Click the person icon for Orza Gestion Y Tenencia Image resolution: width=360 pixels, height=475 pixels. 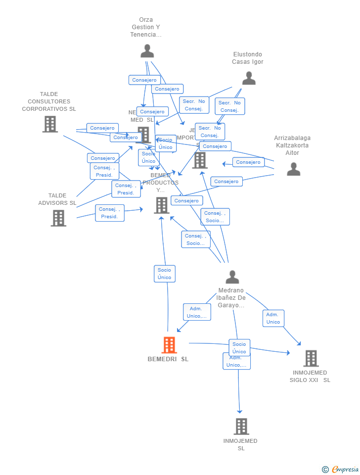(x=147, y=51)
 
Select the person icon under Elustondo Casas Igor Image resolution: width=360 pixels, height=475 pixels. (x=248, y=78)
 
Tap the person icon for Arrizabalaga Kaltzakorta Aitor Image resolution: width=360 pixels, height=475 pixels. (x=293, y=169)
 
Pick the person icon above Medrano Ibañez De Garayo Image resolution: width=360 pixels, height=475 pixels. (x=232, y=277)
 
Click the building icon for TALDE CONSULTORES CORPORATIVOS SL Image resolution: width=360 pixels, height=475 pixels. (x=50, y=124)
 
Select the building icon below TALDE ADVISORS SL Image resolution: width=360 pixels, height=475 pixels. (x=58, y=218)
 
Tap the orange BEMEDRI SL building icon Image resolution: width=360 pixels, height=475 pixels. (x=169, y=345)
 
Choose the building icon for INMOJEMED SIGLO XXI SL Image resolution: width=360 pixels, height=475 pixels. (x=311, y=358)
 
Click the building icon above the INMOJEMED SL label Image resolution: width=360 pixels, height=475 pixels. (x=241, y=426)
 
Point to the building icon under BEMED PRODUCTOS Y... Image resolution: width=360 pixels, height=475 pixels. (x=162, y=205)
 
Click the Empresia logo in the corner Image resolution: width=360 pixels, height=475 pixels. (x=341, y=469)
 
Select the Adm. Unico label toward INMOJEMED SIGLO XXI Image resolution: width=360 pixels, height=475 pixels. (x=273, y=318)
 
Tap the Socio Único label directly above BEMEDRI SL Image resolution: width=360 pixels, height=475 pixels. (x=165, y=274)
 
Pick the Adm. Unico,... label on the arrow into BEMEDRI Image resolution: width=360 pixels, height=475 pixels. (x=197, y=312)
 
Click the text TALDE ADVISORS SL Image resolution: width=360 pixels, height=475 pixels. (x=57, y=199)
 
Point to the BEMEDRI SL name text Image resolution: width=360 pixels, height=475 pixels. (x=168, y=359)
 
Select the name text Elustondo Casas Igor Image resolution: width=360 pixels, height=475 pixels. (x=248, y=58)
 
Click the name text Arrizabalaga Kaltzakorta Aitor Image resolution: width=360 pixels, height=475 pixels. (x=292, y=145)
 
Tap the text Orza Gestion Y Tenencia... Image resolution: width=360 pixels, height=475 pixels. (x=146, y=27)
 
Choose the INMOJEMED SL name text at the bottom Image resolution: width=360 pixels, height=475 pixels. (x=240, y=444)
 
